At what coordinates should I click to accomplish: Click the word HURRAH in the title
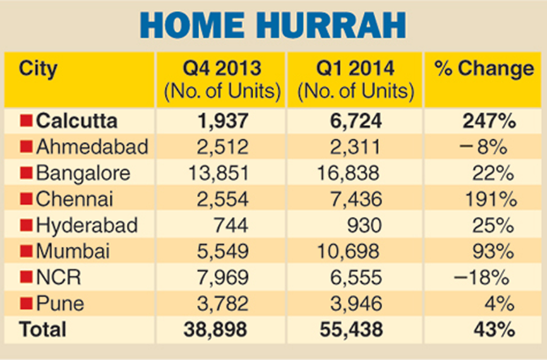point(332,25)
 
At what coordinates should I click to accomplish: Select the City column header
point(38,69)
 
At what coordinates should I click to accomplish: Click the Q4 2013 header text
point(222,68)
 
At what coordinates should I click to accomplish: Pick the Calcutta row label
point(76,121)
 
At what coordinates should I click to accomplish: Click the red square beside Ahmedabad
point(26,146)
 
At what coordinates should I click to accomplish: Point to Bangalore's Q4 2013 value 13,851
point(219,173)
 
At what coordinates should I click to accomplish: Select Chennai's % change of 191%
point(491,199)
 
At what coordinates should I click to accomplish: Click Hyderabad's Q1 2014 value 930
point(364,225)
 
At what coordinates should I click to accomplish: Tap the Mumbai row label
point(73,251)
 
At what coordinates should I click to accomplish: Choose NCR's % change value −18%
point(481,277)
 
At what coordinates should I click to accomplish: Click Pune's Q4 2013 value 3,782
point(223,304)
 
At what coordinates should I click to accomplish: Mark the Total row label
point(42,330)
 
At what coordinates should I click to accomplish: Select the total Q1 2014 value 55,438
point(351,330)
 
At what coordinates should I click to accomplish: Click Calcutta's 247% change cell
point(489,121)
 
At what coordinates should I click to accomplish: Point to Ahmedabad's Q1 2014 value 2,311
point(356,147)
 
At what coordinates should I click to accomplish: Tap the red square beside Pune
point(26,303)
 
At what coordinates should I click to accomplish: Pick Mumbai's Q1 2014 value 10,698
point(348,251)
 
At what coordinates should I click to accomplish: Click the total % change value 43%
point(495,330)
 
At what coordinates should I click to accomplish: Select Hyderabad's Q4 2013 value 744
point(231,225)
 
